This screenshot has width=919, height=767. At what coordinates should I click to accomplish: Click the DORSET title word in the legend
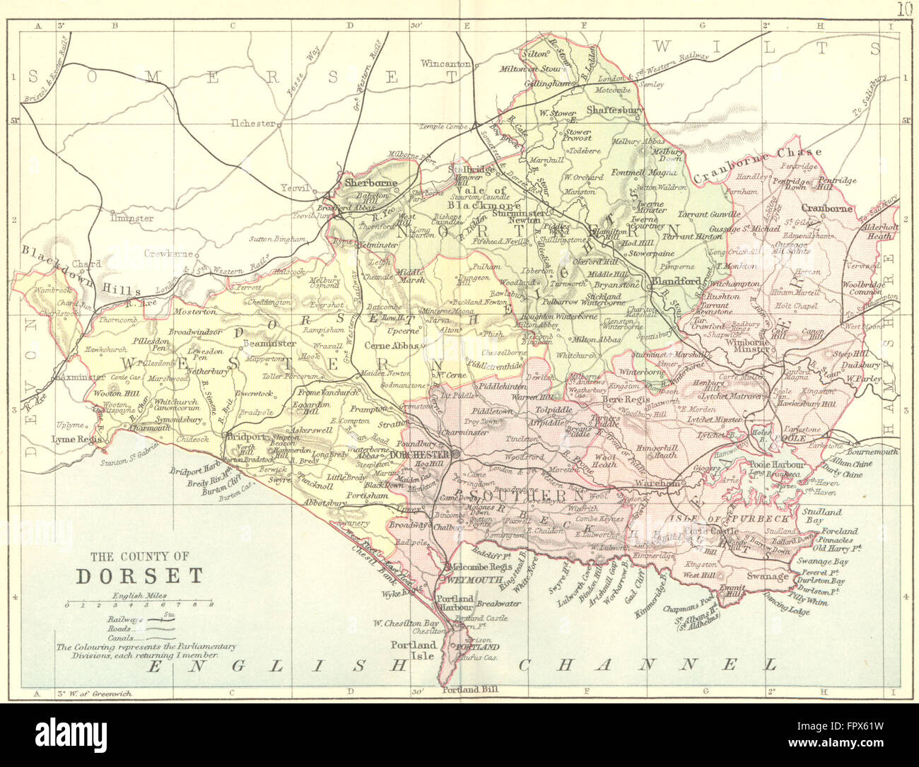139,575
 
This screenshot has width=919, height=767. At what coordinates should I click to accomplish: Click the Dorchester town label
420,454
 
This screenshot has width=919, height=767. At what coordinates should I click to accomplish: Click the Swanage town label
767,576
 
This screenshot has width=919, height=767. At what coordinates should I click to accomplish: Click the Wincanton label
445,64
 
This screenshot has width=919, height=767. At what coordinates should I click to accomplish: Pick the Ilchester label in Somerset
252,123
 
